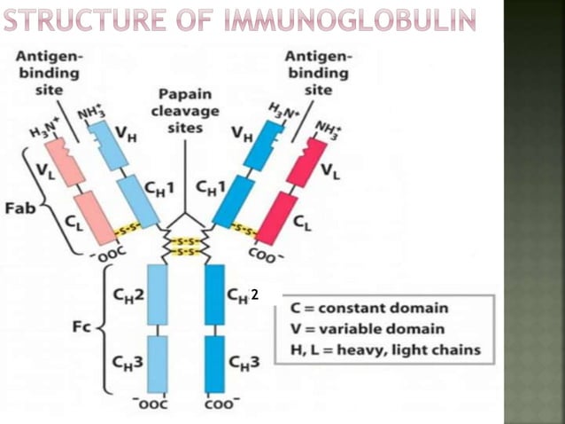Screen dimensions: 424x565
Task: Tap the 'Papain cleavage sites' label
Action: (x=184, y=111)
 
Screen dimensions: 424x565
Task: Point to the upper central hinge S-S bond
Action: (x=185, y=241)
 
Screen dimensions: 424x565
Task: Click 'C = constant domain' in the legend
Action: (x=370, y=309)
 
